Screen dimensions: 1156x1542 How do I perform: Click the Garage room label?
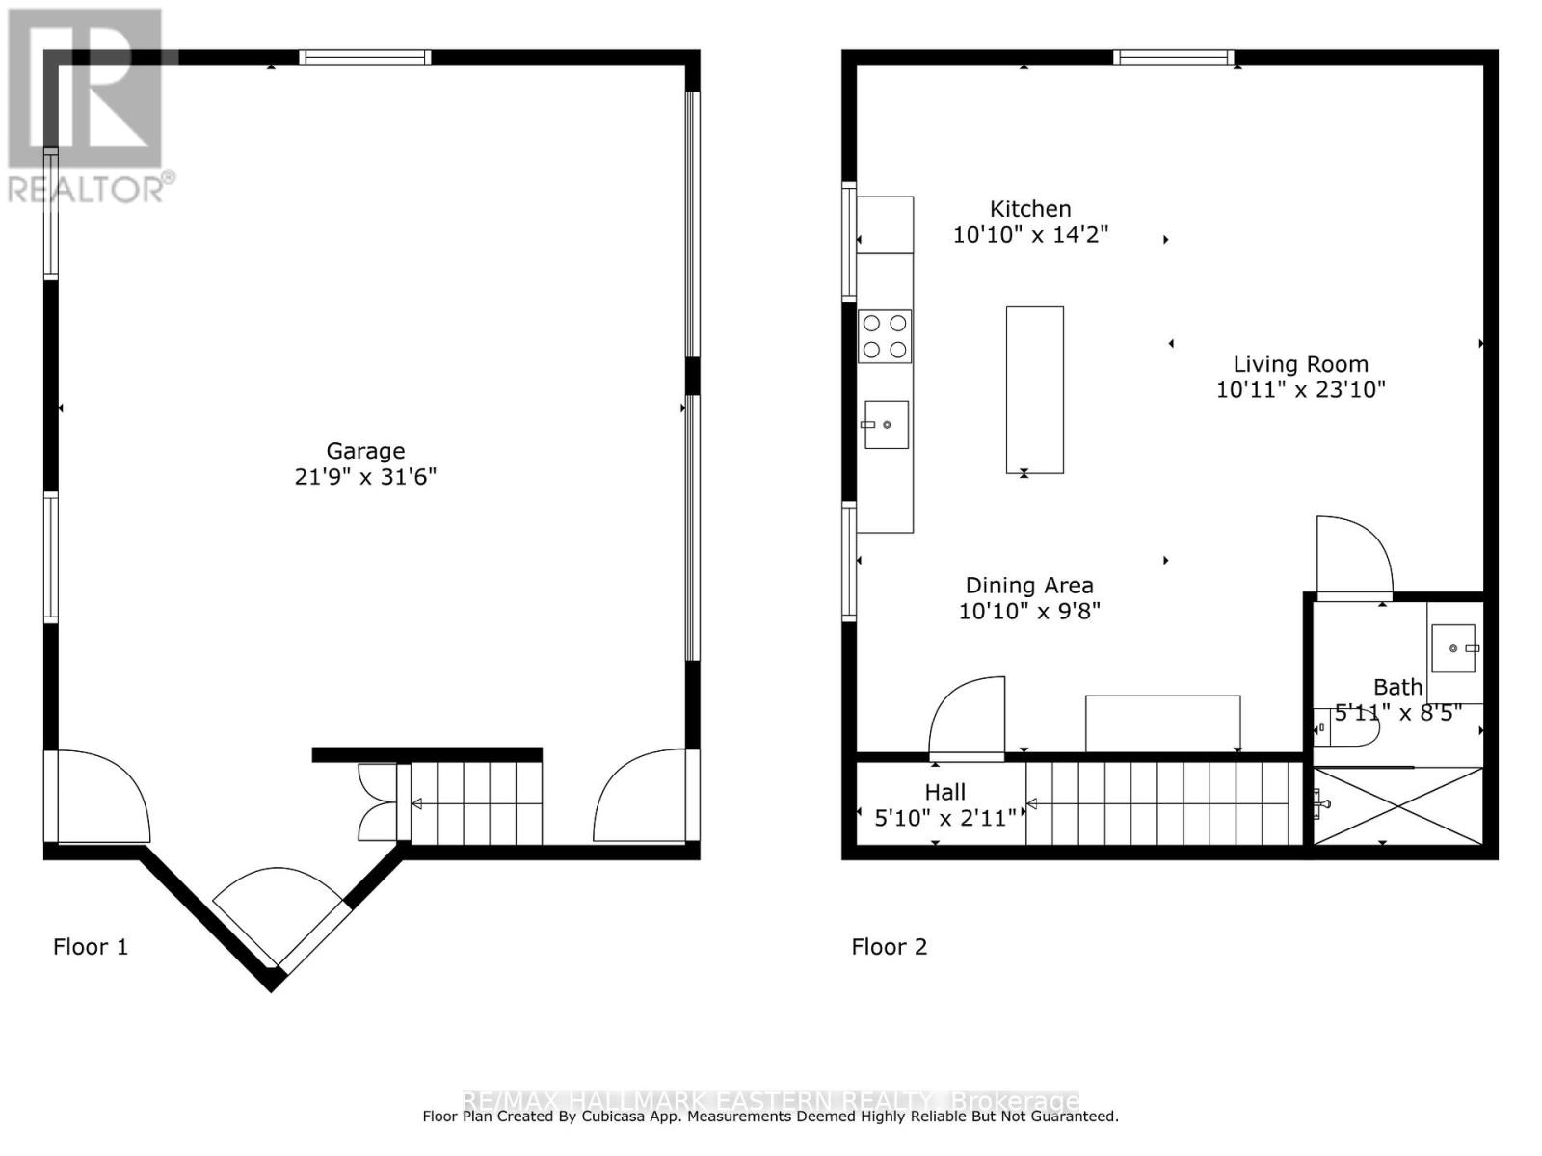(x=365, y=451)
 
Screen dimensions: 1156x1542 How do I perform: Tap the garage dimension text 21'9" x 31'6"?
(x=365, y=477)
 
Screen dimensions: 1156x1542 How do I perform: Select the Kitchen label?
(x=1030, y=209)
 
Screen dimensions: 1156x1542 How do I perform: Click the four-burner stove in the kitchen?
(x=885, y=336)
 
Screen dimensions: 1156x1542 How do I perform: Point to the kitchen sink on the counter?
(x=886, y=425)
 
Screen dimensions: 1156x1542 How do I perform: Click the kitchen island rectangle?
(x=1034, y=389)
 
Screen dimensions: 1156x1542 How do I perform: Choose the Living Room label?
(x=1300, y=364)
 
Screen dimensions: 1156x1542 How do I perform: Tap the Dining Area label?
(x=1029, y=586)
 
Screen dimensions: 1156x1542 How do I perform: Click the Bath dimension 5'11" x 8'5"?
(x=1397, y=713)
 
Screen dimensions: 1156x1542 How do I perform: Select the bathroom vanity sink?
(x=1453, y=648)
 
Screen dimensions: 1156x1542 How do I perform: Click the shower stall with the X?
(x=1397, y=805)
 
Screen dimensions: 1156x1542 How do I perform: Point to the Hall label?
(x=944, y=792)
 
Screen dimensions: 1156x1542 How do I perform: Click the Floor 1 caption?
(x=91, y=947)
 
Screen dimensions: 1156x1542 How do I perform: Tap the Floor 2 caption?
(x=889, y=947)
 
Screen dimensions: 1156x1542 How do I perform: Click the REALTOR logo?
(x=87, y=106)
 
